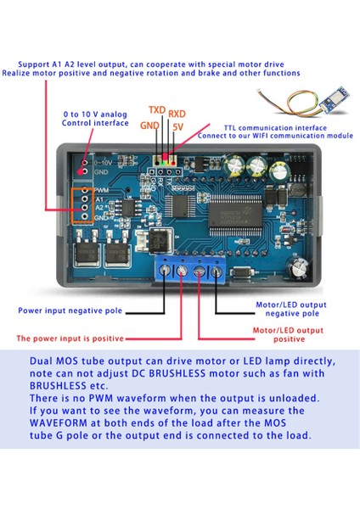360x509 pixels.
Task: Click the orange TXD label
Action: pos(157,110)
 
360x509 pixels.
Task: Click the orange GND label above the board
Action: pos(149,126)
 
